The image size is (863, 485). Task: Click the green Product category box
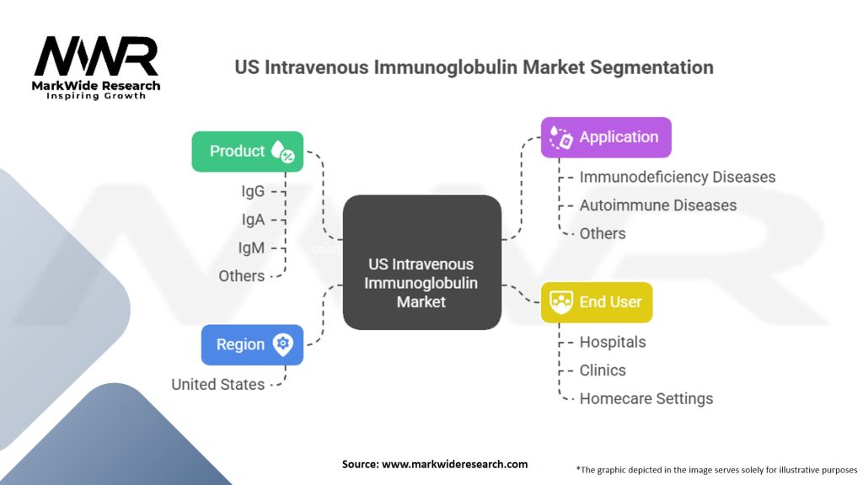[247, 152]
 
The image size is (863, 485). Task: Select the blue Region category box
[252, 344]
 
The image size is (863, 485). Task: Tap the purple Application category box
[606, 137]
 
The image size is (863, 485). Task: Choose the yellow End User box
[597, 302]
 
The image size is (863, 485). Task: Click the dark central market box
[422, 263]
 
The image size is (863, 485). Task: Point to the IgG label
[253, 191]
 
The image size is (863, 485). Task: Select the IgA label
[253, 220]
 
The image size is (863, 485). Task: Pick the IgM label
[251, 248]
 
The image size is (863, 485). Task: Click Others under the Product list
[242, 276]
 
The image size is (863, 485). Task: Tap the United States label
[218, 384]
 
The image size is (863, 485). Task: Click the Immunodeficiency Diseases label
[678, 177]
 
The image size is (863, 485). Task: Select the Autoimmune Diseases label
[658, 205]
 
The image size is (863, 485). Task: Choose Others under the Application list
[603, 234]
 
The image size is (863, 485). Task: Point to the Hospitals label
[613, 342]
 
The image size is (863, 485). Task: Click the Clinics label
[603, 370]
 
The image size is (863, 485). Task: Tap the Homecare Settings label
[646, 398]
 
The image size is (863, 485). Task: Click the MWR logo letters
[96, 56]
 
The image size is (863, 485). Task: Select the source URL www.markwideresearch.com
[454, 464]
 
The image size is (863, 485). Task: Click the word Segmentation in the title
[651, 67]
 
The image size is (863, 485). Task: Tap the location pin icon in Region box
[283, 344]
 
